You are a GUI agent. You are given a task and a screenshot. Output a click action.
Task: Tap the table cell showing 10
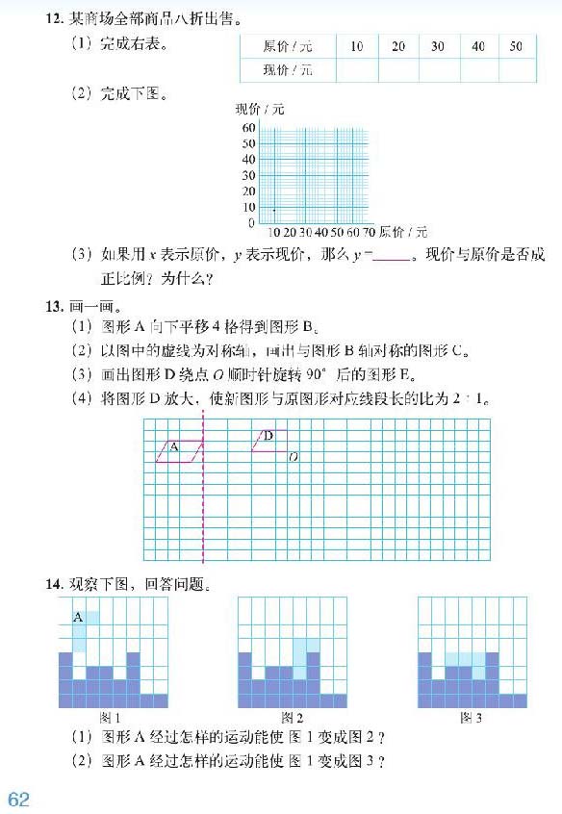[357, 46]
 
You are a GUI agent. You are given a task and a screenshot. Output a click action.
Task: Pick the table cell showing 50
[516, 46]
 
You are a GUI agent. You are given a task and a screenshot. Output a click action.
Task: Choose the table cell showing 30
[438, 46]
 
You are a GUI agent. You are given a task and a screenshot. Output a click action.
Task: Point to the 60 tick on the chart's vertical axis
[248, 128]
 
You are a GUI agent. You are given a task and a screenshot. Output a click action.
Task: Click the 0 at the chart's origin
[252, 223]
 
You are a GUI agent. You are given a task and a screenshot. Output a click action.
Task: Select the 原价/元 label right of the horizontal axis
[403, 232]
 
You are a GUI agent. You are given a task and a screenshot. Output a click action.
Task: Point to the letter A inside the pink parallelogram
[174, 446]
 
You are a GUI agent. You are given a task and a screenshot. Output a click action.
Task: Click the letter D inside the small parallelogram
[268, 437]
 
